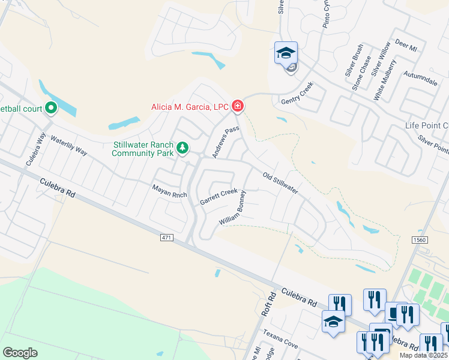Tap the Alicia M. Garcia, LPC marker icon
coord(238,107)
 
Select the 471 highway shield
coord(167,238)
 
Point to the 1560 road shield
coord(420,240)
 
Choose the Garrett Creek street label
coord(218,196)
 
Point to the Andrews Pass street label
coord(226,142)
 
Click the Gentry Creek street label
coord(297,95)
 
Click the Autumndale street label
coord(421,80)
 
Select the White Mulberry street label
coord(385,79)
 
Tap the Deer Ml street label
coord(406,46)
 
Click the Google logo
coord(20,352)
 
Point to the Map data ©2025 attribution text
coord(423,355)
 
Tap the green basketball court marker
coord(51,108)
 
